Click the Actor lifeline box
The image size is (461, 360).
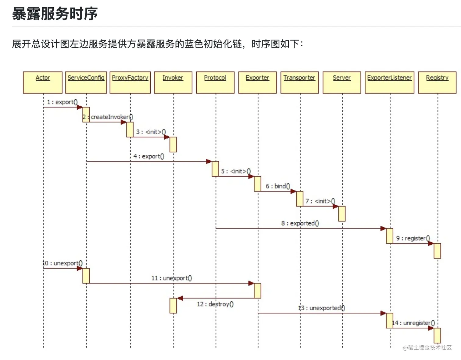click(43, 82)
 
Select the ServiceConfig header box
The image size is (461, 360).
click(86, 82)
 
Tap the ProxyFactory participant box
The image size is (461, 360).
click(130, 82)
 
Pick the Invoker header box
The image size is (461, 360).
click(173, 82)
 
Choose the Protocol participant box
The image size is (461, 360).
click(215, 82)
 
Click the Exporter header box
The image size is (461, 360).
click(257, 82)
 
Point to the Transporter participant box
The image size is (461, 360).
click(299, 82)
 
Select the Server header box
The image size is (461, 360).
click(342, 82)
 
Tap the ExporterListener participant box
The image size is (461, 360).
click(389, 82)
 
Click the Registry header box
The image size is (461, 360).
click(437, 82)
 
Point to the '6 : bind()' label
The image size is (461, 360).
click(278, 186)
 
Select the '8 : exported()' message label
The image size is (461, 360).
click(300, 223)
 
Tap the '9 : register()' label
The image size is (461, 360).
click(413, 238)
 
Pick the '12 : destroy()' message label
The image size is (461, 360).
click(215, 304)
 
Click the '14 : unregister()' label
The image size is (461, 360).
click(413, 323)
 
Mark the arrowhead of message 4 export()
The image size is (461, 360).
click(209, 161)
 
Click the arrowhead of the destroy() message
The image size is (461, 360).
click(180, 298)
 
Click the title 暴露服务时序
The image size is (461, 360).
click(55, 14)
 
